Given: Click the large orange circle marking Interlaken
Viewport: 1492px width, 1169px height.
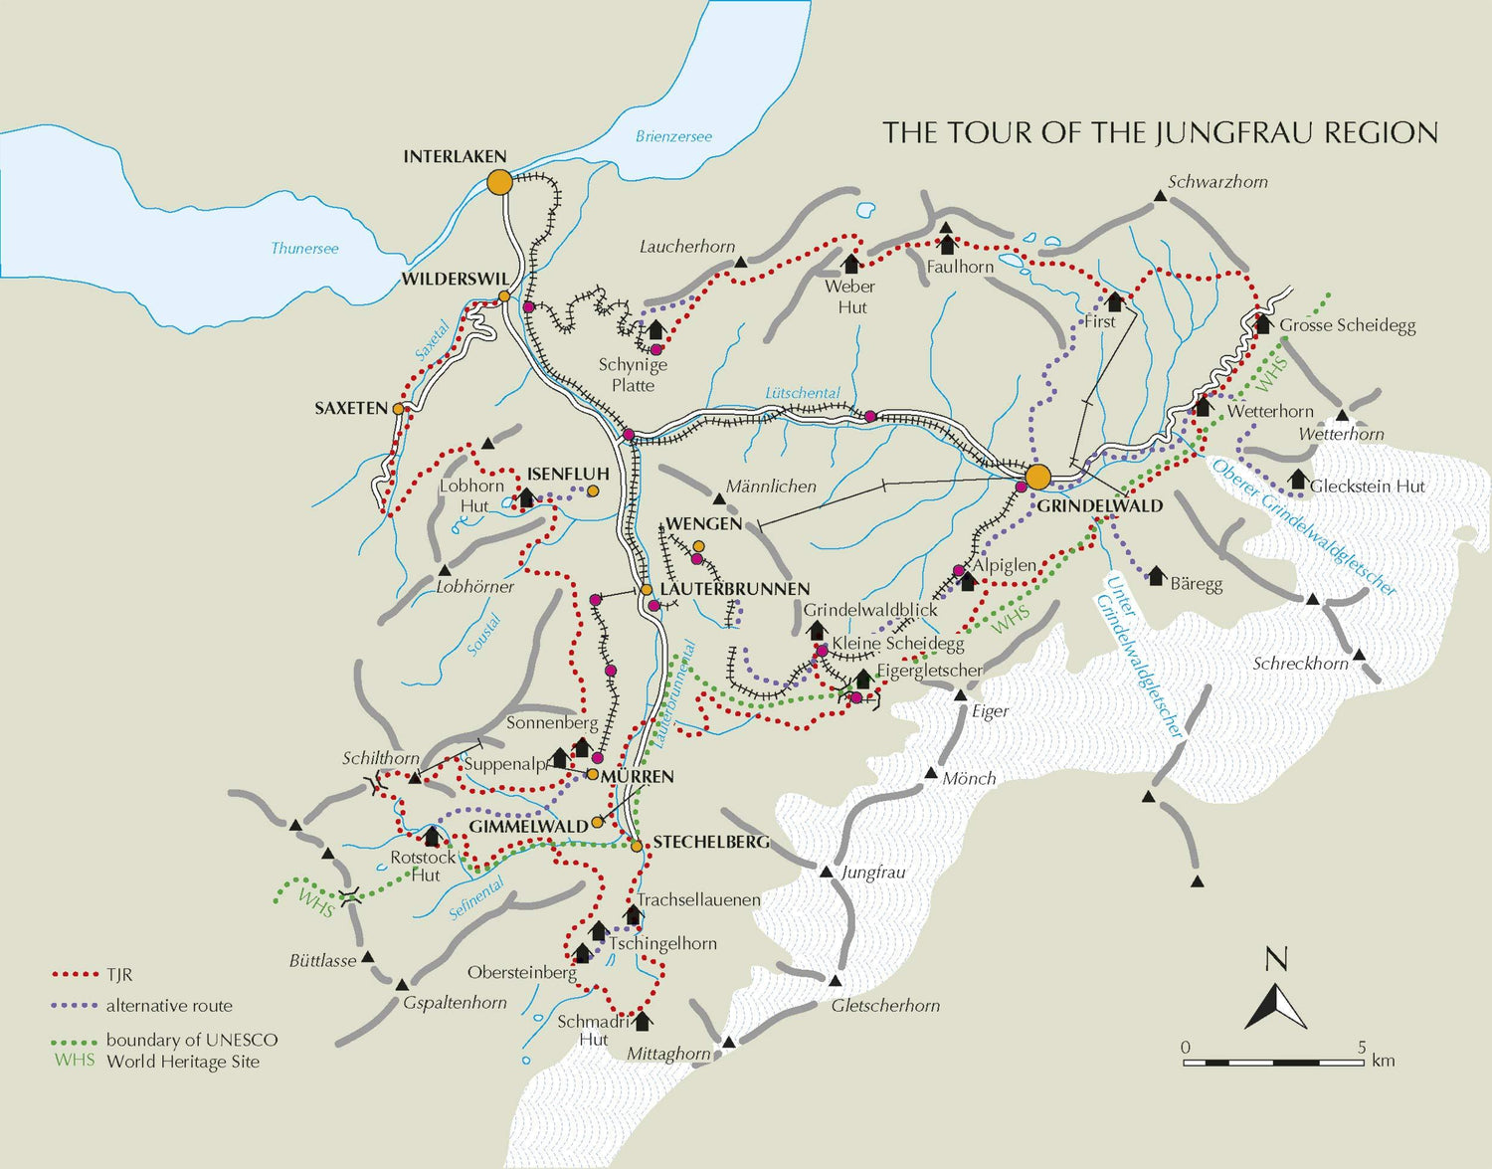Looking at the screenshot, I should point(499,182).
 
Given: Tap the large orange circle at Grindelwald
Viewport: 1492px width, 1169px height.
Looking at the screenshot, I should point(1037,477).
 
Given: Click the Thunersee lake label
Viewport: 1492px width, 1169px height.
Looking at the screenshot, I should point(304,248).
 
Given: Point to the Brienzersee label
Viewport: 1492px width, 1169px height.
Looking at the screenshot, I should point(673,136).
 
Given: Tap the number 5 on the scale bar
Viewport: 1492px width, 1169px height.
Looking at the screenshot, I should point(1361,1047).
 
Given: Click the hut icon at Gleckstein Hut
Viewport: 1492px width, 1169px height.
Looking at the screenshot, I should point(1297,481).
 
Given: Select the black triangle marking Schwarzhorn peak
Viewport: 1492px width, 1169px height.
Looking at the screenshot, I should point(1160,198).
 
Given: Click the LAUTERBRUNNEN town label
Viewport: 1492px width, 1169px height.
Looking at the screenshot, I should point(734,589).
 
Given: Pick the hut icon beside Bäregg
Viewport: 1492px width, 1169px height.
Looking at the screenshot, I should point(1156,576).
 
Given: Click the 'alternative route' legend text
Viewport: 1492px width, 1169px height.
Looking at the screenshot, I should point(169,1006).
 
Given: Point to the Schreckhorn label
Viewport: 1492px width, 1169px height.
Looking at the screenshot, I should point(1300,664).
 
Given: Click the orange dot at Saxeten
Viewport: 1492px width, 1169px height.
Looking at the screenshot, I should point(398,408).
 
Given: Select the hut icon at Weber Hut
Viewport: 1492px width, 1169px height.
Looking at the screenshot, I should point(850,264).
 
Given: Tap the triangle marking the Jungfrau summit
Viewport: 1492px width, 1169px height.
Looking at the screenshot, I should point(826,873).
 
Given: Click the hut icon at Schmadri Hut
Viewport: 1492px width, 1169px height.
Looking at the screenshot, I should point(642,1021).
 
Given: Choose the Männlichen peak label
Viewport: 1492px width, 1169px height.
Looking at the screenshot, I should point(771,487).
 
